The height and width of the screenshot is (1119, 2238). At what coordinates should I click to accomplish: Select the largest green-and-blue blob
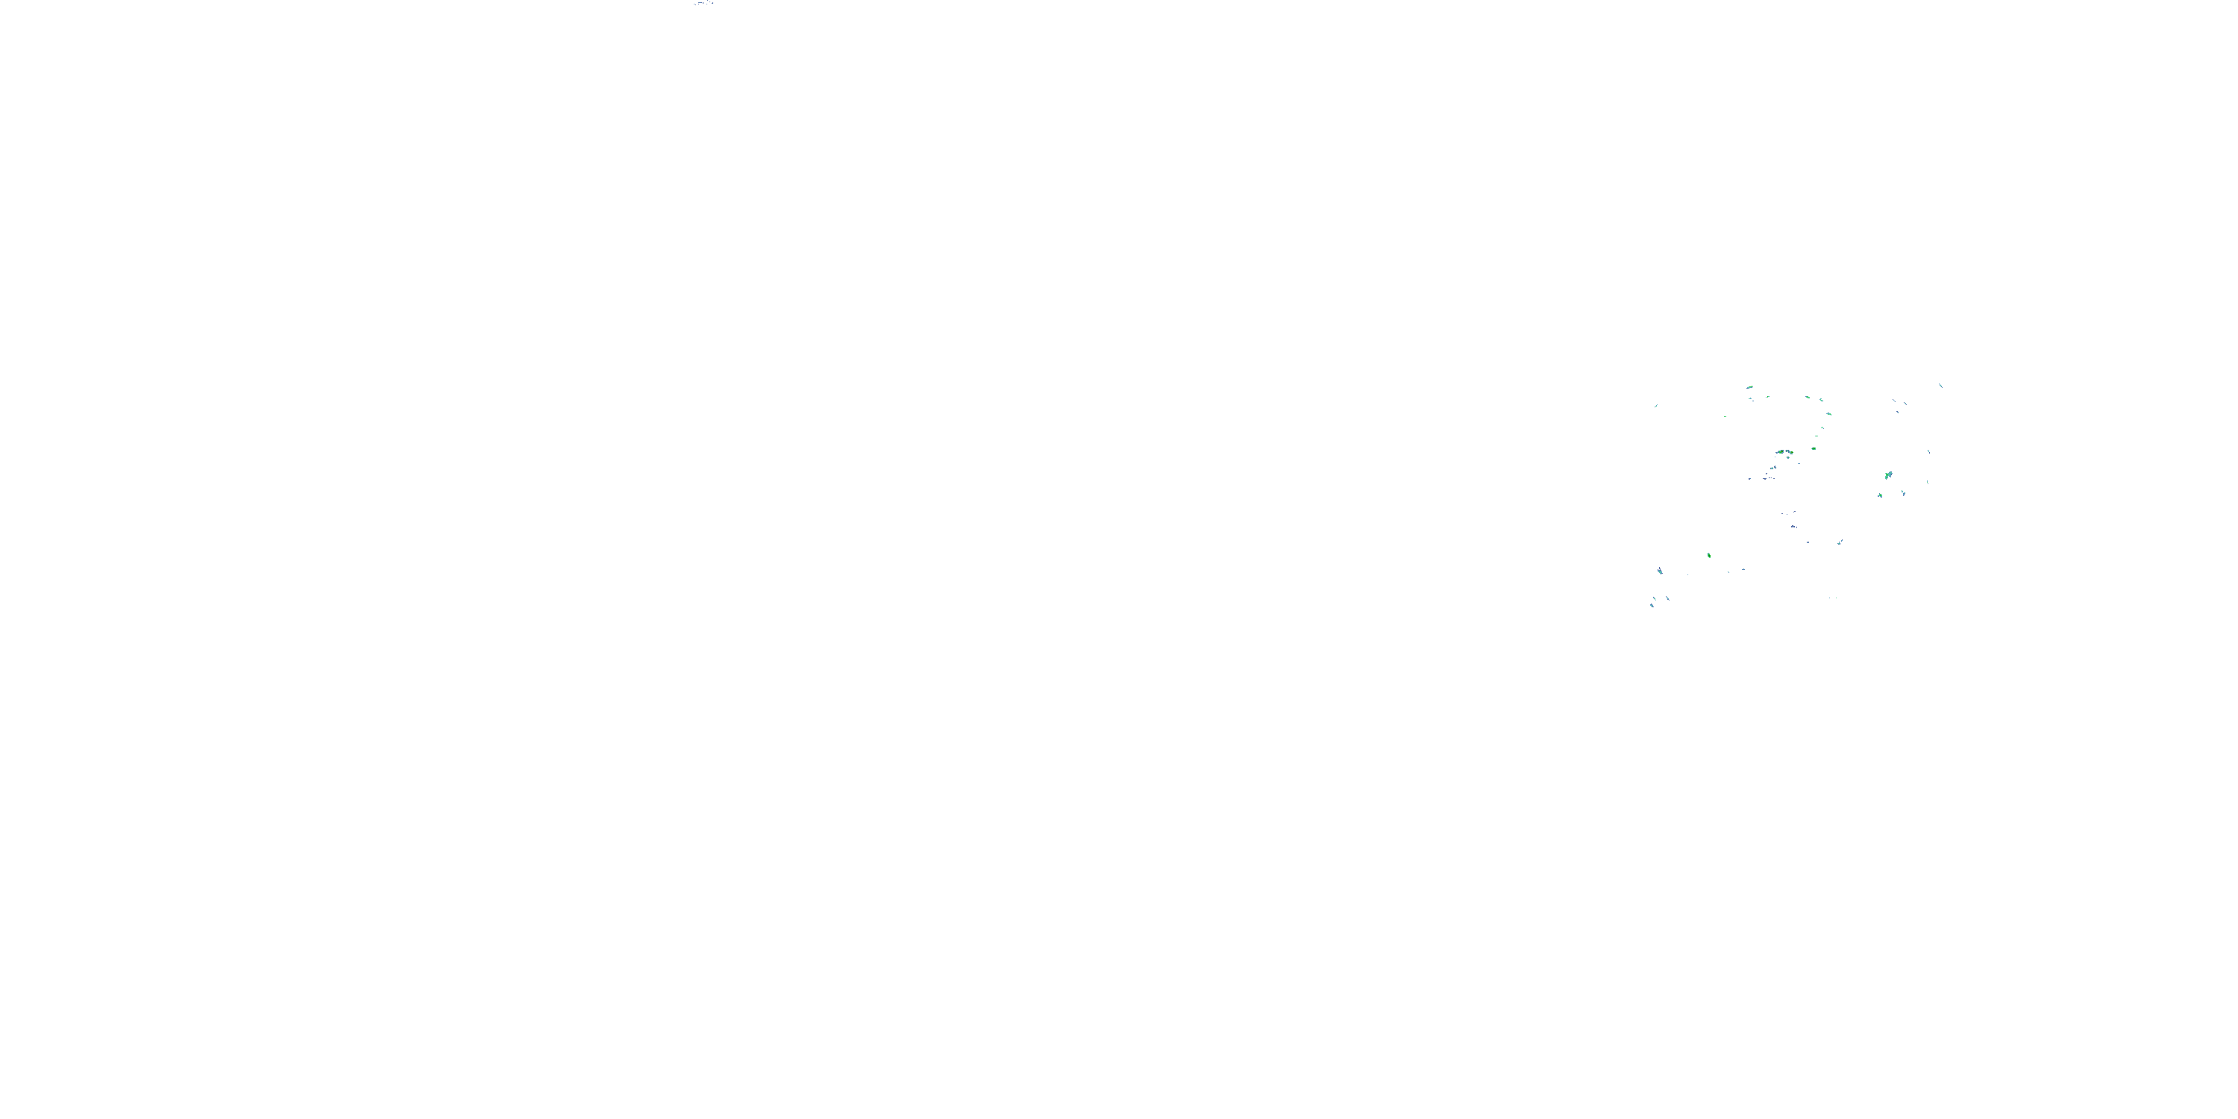tap(1888, 475)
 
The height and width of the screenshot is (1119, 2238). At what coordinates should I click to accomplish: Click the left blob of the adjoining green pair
tap(1780, 454)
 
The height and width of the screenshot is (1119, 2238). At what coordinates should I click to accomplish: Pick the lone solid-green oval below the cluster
tap(1709, 555)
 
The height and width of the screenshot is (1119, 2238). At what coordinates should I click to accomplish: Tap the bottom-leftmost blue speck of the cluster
tap(1651, 605)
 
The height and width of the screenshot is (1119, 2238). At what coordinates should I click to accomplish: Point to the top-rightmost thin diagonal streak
tap(1941, 385)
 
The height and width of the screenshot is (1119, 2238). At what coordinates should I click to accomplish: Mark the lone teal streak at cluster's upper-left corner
tap(1656, 406)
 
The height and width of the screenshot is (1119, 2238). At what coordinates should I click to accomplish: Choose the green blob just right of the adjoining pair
tap(1814, 448)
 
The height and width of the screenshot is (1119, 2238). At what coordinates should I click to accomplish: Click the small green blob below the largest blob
tap(1879, 495)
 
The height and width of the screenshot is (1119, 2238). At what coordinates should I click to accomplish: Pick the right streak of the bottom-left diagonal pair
tap(1667, 598)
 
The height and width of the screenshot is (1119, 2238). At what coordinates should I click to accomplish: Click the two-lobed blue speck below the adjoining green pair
tap(1773, 469)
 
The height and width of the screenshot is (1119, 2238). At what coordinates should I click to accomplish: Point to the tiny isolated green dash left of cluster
tap(1725, 417)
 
